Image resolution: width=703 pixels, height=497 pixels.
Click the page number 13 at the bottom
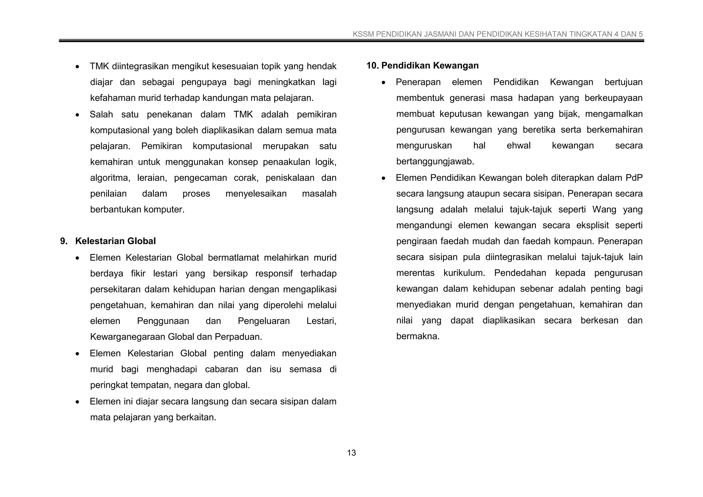pos(351,453)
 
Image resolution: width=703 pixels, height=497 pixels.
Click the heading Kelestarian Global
pos(115,241)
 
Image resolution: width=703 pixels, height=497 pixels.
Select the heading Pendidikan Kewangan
pos(430,66)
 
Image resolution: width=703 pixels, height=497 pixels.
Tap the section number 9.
pos(64,241)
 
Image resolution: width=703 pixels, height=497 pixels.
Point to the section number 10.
pos(372,66)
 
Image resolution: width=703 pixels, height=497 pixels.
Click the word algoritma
pos(110,178)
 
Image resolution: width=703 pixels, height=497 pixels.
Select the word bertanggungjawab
pos(435,161)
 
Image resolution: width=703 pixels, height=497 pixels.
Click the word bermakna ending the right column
pos(418,336)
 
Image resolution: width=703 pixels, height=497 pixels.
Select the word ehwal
pos(518,146)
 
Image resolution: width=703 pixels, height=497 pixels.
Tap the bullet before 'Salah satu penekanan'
pos(78,115)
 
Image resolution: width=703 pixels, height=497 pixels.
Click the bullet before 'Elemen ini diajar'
pos(78,402)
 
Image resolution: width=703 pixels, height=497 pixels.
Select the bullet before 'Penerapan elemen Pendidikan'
pos(384,83)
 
